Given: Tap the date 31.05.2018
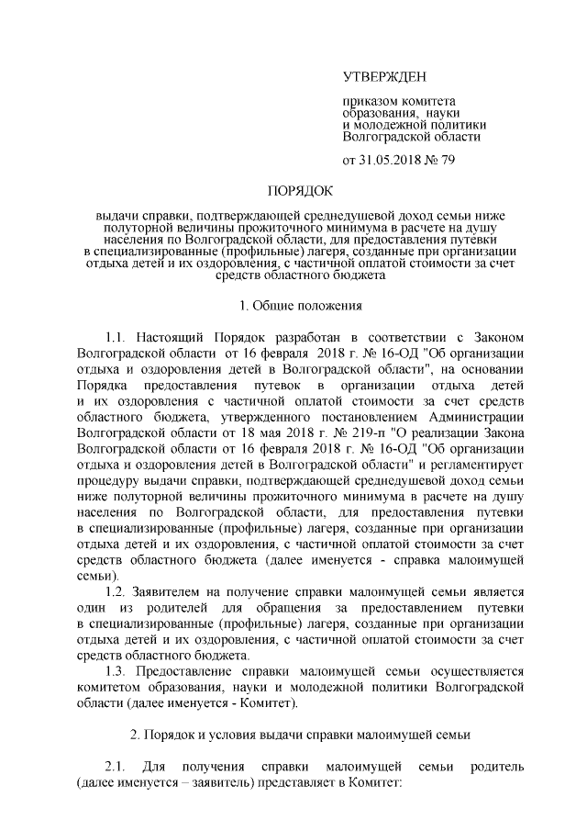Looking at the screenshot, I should pos(394,160).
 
